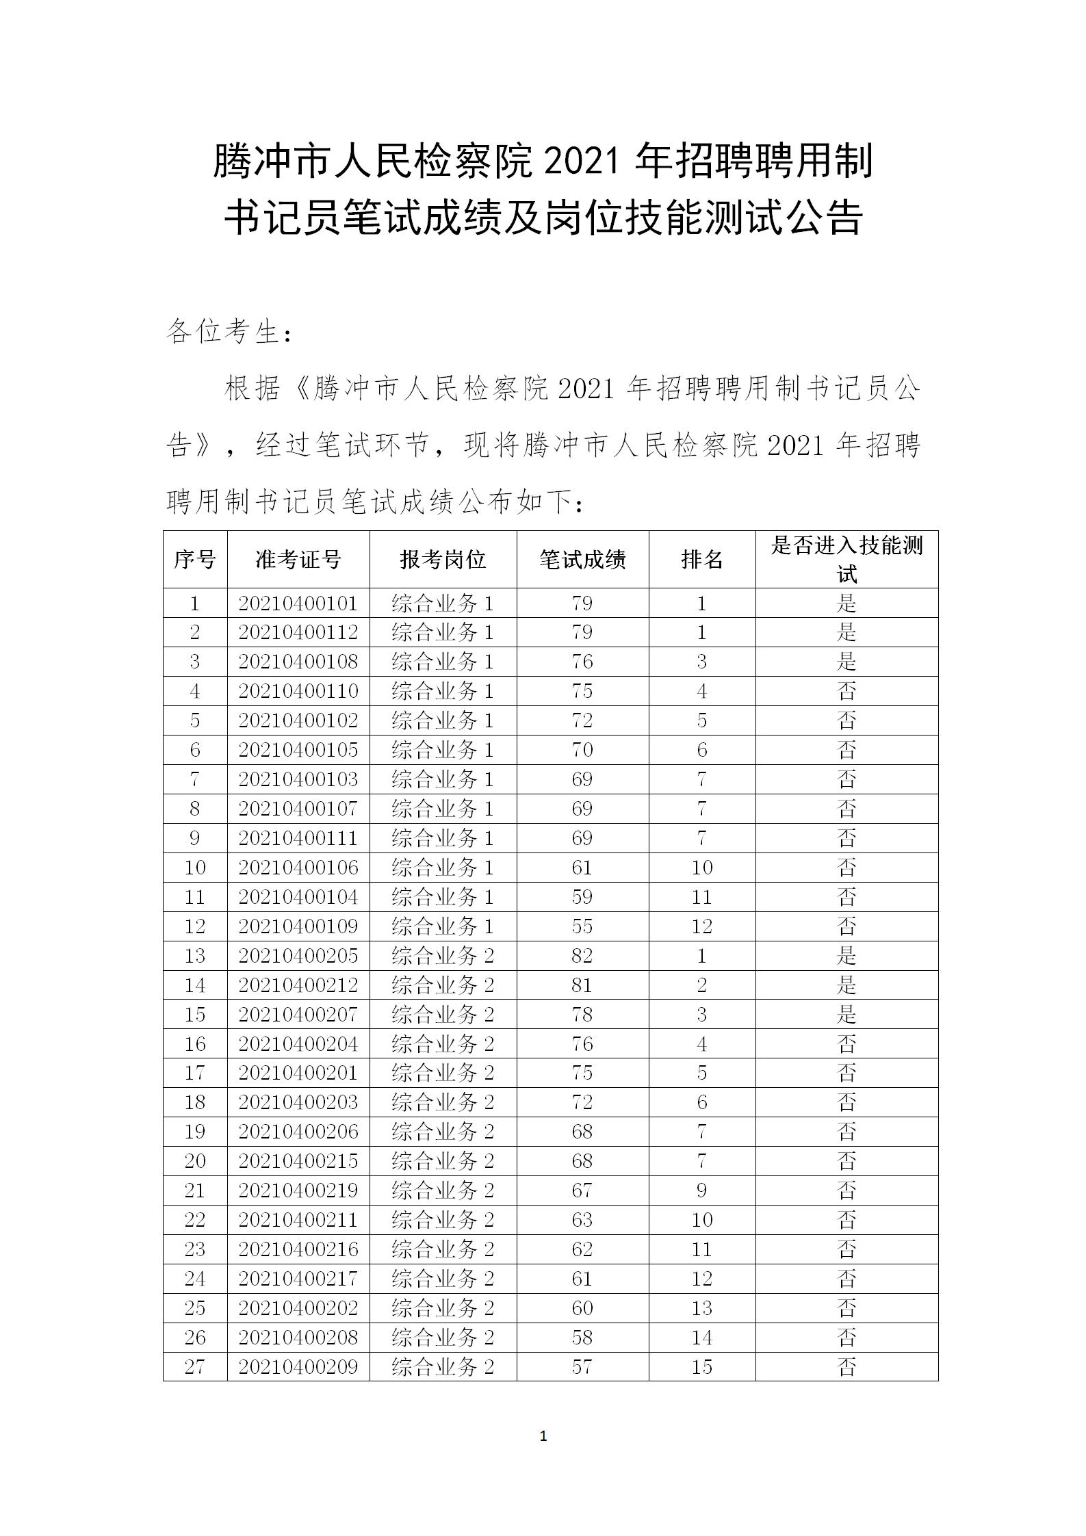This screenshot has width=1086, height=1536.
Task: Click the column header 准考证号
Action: [298, 560]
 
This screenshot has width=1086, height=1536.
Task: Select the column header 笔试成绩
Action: [582, 560]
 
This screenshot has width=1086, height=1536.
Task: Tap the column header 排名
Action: [702, 560]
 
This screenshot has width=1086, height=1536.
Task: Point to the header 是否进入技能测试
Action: [846, 559]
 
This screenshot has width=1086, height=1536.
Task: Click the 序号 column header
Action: [195, 560]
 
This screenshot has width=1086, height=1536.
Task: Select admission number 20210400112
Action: [298, 632]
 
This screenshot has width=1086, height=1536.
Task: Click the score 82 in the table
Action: [582, 956]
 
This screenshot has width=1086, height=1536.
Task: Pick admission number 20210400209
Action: [298, 1368]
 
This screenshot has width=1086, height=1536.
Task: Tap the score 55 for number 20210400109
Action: [582, 926]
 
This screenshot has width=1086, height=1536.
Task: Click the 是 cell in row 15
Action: [846, 1015]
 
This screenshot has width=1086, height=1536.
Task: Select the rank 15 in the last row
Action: [702, 1368]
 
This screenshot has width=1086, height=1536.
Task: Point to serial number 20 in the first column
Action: [195, 1162]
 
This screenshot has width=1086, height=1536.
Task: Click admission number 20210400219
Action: [298, 1191]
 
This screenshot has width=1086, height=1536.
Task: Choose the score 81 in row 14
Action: [582, 985]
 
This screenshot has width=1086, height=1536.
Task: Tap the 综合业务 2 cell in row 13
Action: [443, 956]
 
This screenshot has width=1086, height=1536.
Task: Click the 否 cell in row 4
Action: [846, 691]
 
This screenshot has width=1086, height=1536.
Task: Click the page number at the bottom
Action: [543, 1437]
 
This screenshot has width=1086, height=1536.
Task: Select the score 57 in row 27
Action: [582, 1368]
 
